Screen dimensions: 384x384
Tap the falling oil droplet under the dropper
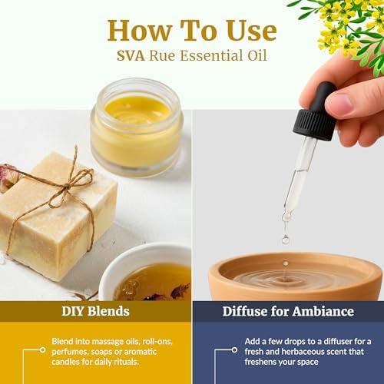[x=285, y=239]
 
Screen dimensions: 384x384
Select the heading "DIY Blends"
[x=95, y=312]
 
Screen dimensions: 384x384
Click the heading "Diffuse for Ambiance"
[x=288, y=312]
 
